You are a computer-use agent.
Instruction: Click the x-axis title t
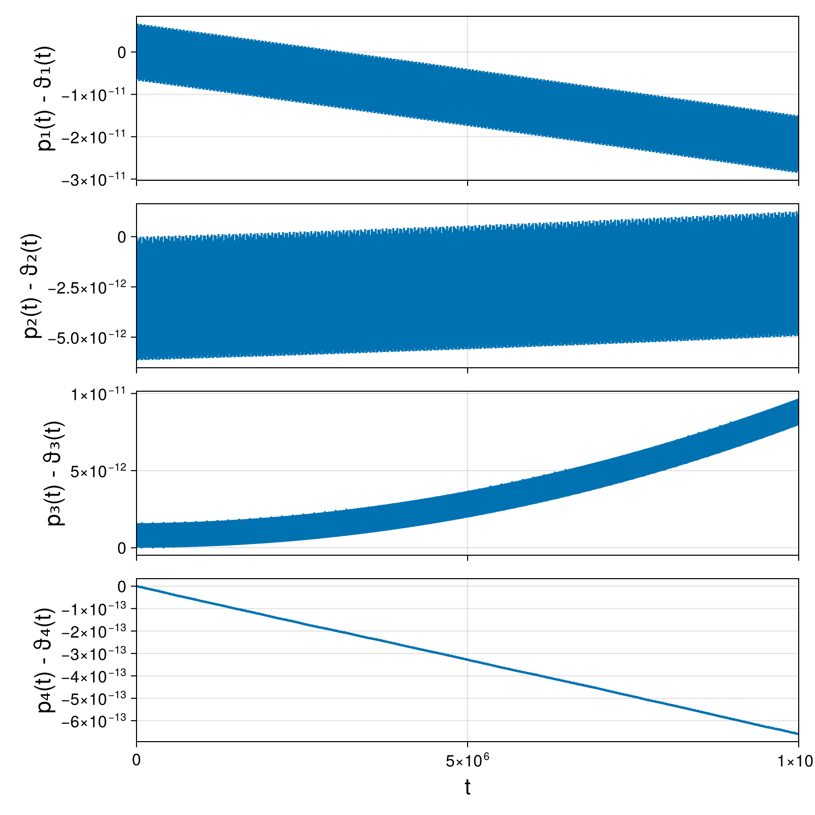[x=467, y=787]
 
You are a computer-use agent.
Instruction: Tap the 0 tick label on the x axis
[x=136, y=760]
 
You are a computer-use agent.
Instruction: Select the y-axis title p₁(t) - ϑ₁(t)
[x=47, y=98]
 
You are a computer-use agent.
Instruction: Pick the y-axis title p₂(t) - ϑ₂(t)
[x=34, y=286]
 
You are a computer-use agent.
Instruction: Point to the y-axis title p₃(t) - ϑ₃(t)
[x=56, y=473]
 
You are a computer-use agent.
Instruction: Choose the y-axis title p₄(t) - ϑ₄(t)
[x=47, y=660]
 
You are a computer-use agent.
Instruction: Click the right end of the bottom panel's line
[x=798, y=733]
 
